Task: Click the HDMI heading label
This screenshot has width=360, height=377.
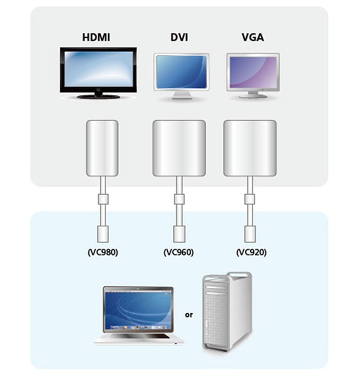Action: click(98, 38)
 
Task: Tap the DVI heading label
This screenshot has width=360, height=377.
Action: click(179, 38)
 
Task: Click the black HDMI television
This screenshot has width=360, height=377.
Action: click(98, 70)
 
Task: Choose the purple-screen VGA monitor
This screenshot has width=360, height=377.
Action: click(252, 73)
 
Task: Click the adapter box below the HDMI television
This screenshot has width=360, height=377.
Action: click(102, 148)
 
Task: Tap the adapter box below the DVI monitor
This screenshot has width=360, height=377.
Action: click(179, 148)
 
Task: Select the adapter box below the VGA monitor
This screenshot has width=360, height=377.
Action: click(250, 148)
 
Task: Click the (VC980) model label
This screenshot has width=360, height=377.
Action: click(102, 252)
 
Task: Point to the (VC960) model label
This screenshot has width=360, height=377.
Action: click(179, 252)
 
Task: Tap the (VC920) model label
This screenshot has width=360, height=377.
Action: click(250, 252)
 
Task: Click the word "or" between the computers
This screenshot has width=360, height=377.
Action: click(189, 315)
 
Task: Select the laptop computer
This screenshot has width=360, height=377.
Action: click(138, 315)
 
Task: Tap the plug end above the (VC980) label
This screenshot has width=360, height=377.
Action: click(102, 233)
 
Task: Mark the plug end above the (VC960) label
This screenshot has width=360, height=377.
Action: click(179, 233)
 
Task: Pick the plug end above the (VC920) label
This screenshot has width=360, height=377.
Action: click(250, 233)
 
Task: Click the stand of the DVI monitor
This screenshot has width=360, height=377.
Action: click(181, 95)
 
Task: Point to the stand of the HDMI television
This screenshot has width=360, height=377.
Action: click(98, 95)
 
